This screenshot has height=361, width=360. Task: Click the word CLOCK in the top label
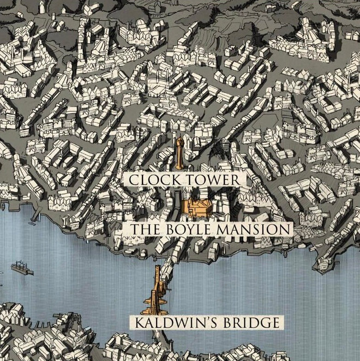[152, 180]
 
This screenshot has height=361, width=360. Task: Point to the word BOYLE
[188, 229]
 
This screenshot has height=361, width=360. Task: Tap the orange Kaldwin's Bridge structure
[158, 291]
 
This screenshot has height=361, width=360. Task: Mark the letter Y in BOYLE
[189, 229]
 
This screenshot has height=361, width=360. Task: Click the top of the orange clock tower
[180, 138]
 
